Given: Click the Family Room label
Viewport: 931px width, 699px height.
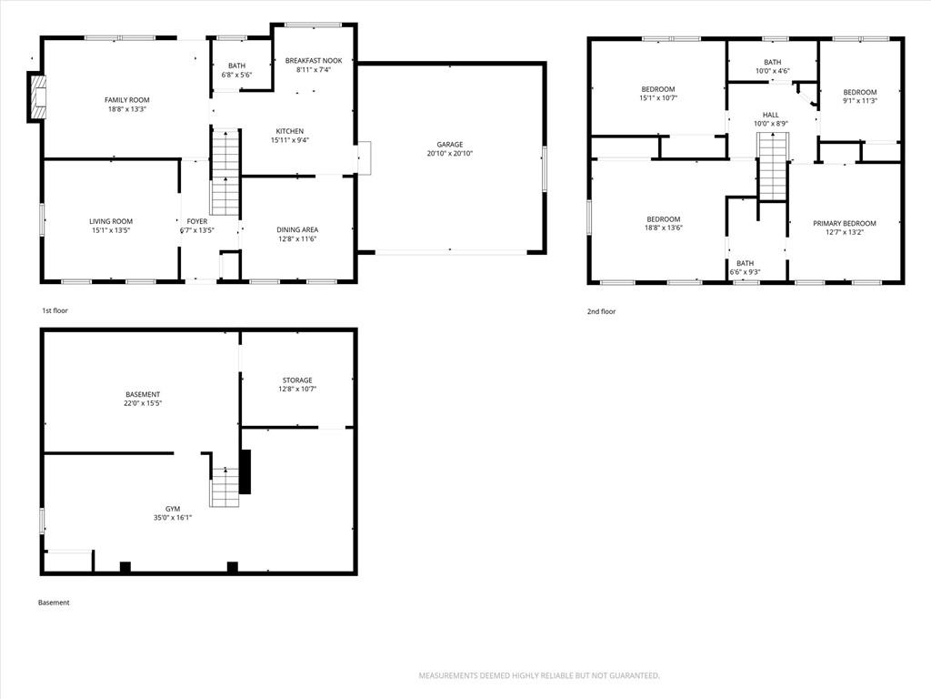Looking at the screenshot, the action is pos(127,100).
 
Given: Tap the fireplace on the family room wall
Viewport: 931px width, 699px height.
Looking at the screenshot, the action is pos(36,96).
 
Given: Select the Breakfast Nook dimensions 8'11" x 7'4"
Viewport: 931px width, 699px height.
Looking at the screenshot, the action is pos(314,69).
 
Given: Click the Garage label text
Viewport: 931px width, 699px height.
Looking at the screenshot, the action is pos(449,145).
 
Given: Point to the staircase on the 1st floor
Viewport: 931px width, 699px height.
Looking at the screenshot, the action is pos(225,172).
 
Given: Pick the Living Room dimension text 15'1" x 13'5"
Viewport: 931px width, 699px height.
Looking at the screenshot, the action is pos(111,230).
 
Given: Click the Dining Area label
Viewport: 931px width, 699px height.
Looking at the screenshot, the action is pos(297,230).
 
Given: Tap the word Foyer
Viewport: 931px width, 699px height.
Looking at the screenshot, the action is pos(197,222).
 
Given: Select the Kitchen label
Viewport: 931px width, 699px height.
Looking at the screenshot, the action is pos(290,131).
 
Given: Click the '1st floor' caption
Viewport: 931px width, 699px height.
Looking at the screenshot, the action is pos(55,310).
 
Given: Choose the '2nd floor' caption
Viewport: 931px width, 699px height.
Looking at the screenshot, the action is pos(602,311).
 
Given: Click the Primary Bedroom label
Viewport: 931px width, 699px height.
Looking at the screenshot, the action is pos(845,224).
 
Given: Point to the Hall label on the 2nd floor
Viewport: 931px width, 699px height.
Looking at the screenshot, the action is pos(771,115).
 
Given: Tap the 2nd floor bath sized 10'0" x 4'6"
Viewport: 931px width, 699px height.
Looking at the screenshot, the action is pos(773,62).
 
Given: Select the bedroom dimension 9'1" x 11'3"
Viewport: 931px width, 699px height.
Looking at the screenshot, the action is pos(860,101).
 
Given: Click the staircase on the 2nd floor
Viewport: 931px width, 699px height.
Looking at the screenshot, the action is pos(773,167).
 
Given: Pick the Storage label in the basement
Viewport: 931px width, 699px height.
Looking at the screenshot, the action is pos(297,380).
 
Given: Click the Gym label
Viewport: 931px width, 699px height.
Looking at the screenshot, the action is pos(173,509).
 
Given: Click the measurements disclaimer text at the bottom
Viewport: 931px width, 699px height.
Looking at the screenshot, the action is pos(539,676).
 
